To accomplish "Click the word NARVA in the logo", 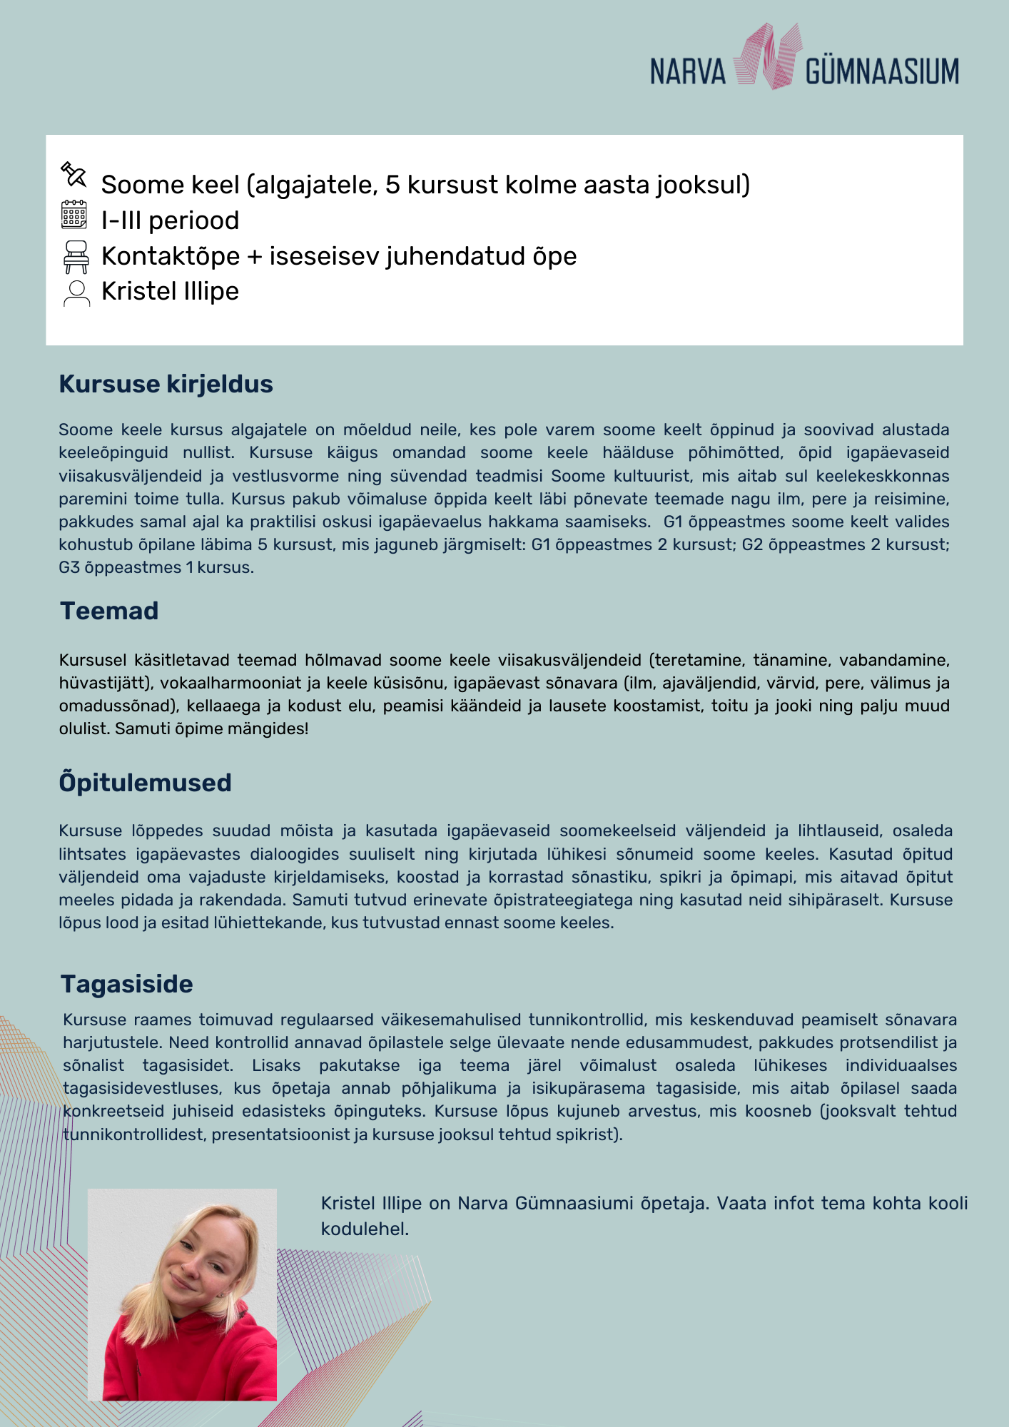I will [x=687, y=71].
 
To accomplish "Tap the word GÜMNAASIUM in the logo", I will [x=882, y=71].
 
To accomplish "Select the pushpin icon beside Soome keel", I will [x=73, y=174].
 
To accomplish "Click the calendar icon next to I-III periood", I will [x=74, y=215].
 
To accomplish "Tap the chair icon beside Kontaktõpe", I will [x=76, y=257].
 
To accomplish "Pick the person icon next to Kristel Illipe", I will [x=76, y=293].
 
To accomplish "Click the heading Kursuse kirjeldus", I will [x=166, y=384].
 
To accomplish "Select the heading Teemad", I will [x=109, y=611].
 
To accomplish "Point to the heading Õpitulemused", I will [x=145, y=783].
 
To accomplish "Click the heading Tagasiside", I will [x=126, y=984].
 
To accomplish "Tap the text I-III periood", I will [x=170, y=220].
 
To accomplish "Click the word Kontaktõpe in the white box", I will [x=170, y=256].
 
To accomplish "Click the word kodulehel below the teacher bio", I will [x=364, y=1229].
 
